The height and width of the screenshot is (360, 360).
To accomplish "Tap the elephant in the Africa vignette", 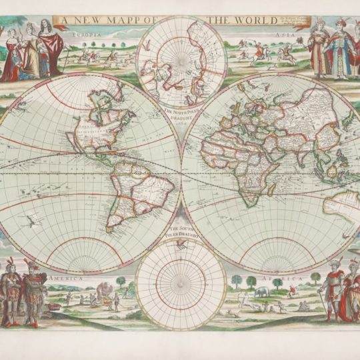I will [x=262, y=291].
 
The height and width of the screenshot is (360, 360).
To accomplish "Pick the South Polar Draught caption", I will [x=180, y=235].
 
